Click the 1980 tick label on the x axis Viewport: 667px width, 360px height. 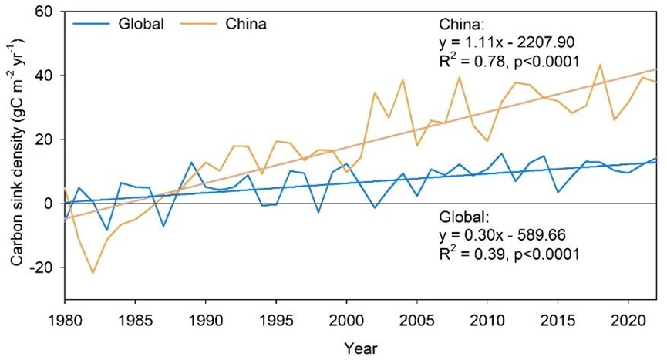coord(66,318)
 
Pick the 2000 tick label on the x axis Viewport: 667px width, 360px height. coord(346,318)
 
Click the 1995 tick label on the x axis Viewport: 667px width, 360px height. coord(276,318)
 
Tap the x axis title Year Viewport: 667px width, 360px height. coord(361,346)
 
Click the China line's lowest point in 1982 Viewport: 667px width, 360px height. coord(93,273)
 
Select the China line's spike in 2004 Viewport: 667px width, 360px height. coord(403,79)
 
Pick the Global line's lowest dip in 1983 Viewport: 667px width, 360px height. coord(108,230)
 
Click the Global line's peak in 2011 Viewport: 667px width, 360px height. coord(502,153)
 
